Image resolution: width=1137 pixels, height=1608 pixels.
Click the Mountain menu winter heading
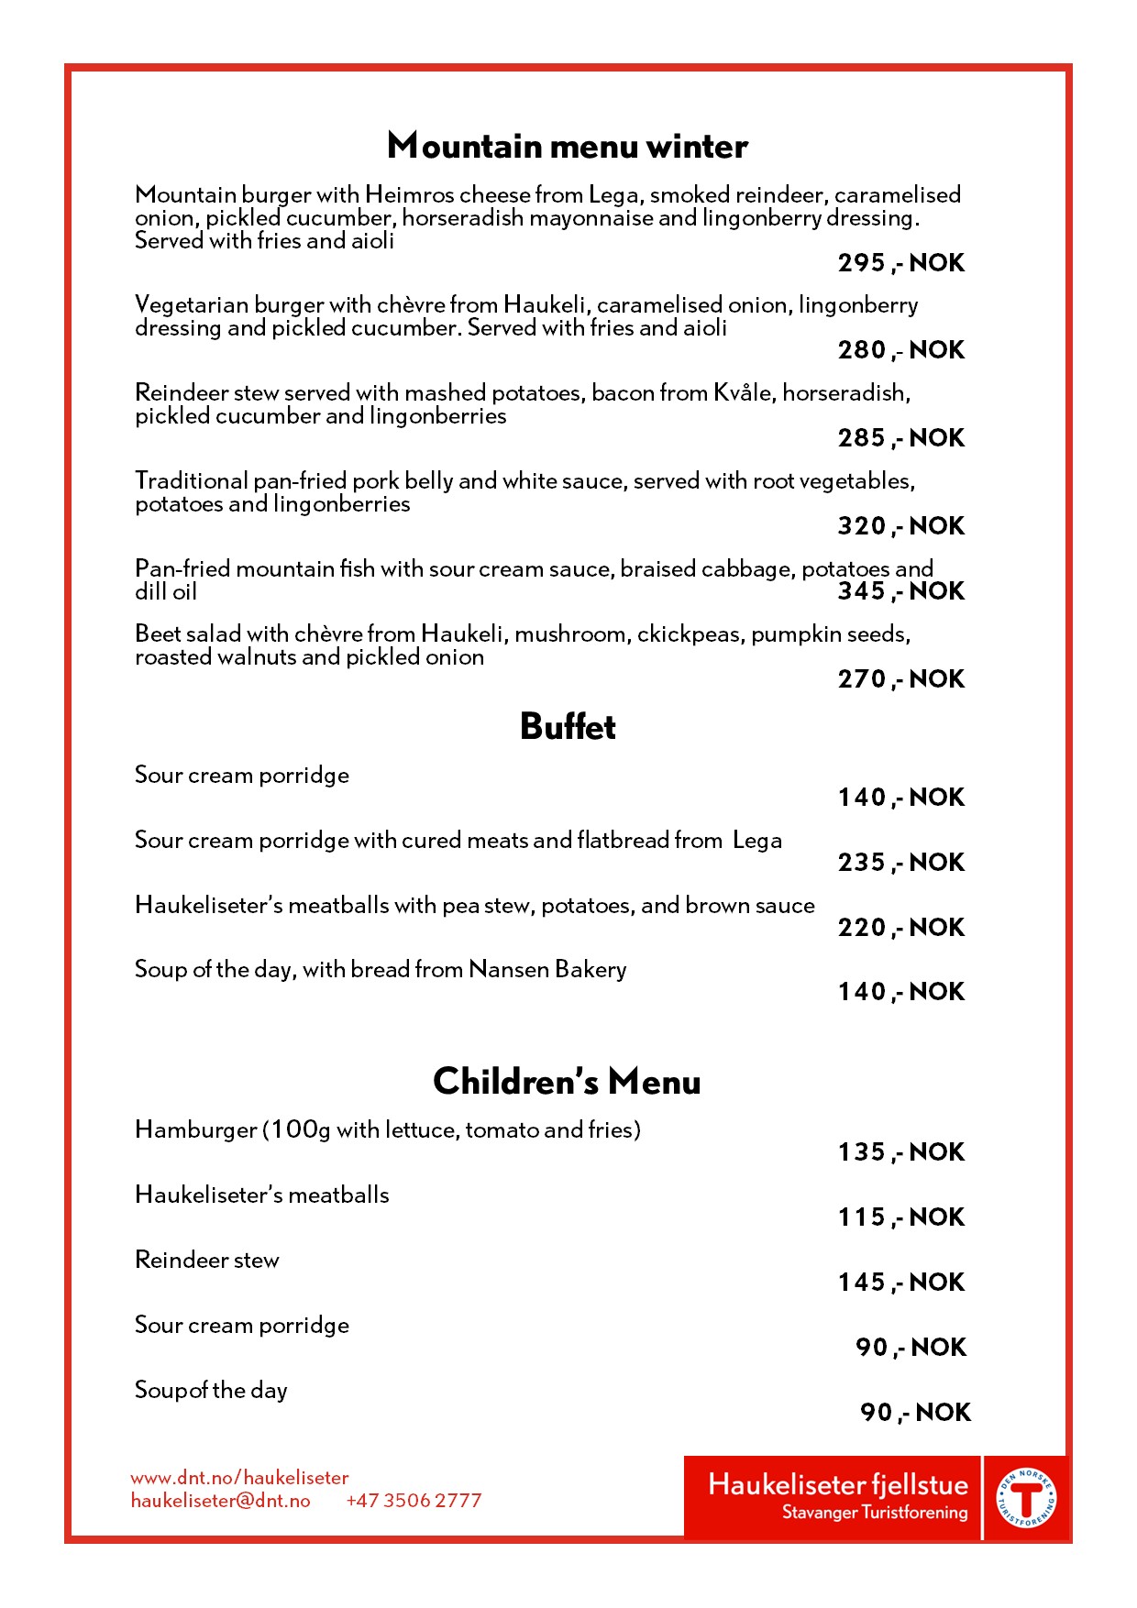click(x=568, y=147)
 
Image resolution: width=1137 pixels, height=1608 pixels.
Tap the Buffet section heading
click(x=568, y=727)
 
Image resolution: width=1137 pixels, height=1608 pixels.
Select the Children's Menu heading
click(x=567, y=1082)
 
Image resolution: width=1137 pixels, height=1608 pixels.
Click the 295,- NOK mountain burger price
click(x=900, y=263)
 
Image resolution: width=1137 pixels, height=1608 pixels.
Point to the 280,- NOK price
click(x=900, y=350)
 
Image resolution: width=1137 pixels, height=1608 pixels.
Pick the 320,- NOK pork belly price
click(x=900, y=526)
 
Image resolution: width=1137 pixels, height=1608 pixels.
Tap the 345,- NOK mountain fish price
click(x=900, y=591)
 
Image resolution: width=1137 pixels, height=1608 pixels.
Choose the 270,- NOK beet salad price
click(x=900, y=679)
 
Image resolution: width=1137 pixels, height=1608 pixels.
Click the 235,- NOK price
click(x=900, y=863)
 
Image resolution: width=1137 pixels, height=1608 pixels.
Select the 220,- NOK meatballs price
click(x=900, y=928)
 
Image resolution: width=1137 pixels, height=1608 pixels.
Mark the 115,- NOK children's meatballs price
click(x=900, y=1217)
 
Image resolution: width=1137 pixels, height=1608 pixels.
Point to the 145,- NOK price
click(x=900, y=1283)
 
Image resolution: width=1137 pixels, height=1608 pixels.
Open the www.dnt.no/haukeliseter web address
click(x=239, y=1478)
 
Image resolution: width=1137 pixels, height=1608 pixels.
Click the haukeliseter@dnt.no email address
click(x=220, y=1501)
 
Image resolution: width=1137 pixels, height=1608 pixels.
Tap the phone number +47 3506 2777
click(x=414, y=1501)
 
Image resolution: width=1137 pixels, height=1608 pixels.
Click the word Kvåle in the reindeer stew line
click(x=743, y=393)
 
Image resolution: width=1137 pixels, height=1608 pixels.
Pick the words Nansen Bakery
click(x=547, y=970)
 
